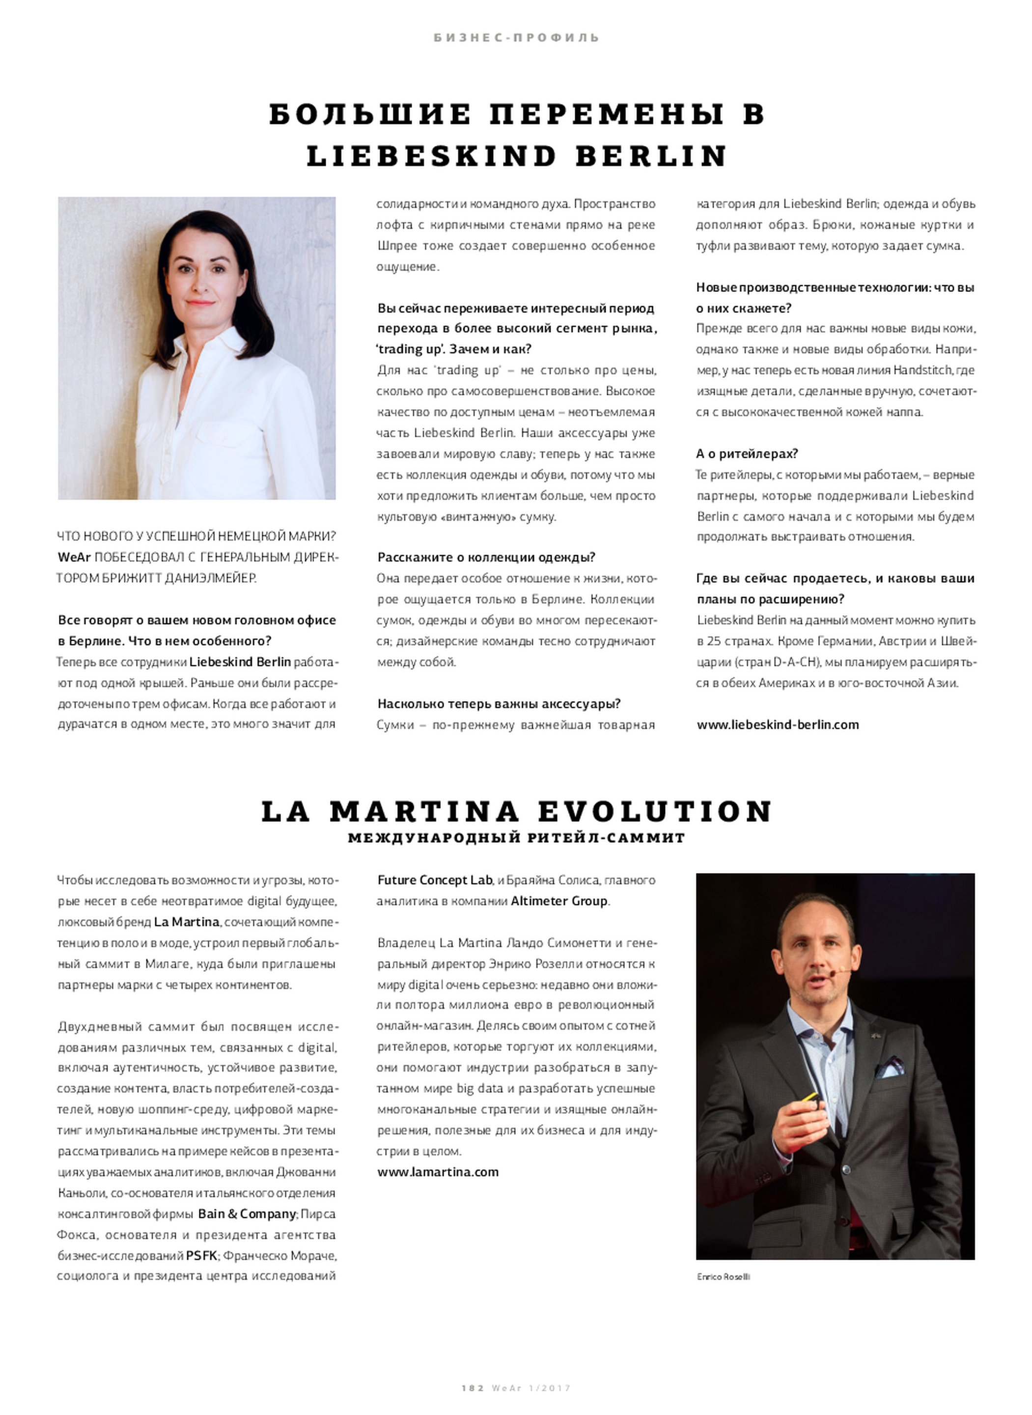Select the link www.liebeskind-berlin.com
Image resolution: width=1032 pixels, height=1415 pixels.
[778, 725]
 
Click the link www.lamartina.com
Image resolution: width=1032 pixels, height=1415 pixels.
[437, 1172]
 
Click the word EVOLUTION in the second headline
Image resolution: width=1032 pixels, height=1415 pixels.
[655, 812]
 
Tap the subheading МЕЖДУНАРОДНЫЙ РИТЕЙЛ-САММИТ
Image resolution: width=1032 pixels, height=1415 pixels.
[516, 838]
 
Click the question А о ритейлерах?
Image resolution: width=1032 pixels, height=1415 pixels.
[747, 453]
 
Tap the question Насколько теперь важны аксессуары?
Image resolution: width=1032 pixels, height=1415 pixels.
[499, 704]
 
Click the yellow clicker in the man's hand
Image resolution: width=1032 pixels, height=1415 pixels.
[810, 1098]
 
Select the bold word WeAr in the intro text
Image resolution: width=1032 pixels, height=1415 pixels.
[74, 557]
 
